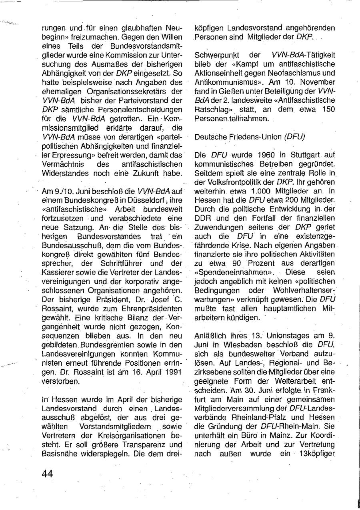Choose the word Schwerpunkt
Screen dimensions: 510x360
point(215,55)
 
